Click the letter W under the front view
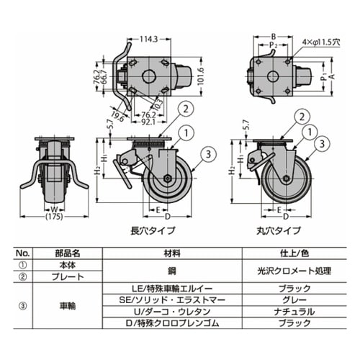pos(54,210)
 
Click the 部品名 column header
pos(68,253)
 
